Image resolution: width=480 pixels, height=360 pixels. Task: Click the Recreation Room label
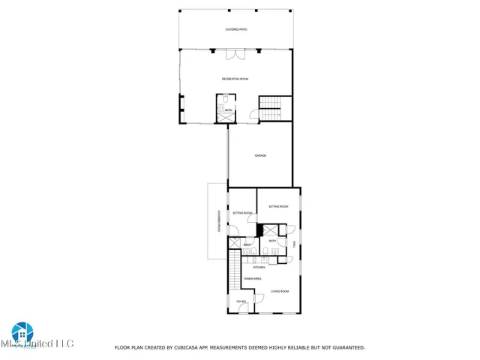[235, 79]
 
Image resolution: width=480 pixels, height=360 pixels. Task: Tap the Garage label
[260, 155]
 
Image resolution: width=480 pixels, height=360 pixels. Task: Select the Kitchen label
[259, 267]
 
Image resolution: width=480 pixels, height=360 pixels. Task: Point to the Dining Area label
[252, 278]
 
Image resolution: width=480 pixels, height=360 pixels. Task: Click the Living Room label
[280, 291]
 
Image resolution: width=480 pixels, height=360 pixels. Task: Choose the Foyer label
[241, 301]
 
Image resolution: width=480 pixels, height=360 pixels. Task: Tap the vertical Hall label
[295, 244]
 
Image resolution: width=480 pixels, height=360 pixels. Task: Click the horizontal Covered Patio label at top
[236, 29]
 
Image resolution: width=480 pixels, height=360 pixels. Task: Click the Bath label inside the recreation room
[229, 110]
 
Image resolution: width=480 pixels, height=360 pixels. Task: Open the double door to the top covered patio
[235, 53]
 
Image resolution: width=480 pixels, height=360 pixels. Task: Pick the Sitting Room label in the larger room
[279, 205]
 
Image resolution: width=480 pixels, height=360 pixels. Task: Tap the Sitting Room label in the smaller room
[242, 213]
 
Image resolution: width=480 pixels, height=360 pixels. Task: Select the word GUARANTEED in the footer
[343, 347]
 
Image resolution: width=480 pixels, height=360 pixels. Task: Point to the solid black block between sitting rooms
[259, 230]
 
